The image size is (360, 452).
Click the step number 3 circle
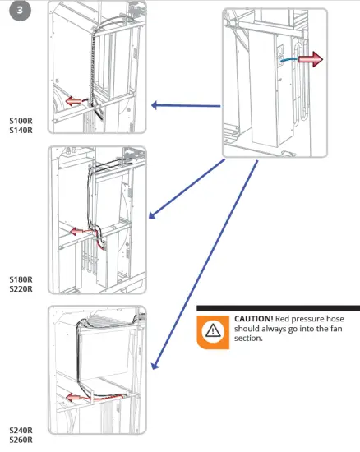click(x=20, y=11)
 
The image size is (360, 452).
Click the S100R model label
click(x=21, y=121)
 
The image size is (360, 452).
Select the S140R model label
click(x=21, y=131)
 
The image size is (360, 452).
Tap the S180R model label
click(x=21, y=279)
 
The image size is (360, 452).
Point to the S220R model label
click(x=21, y=288)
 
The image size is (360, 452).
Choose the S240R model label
click(x=21, y=431)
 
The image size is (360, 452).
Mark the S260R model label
click(x=21, y=440)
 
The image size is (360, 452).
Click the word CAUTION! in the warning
click(x=253, y=319)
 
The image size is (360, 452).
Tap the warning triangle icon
click(x=213, y=330)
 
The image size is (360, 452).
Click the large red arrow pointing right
click(x=311, y=59)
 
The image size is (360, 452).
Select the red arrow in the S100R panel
click(x=73, y=101)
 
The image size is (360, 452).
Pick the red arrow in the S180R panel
click(x=76, y=231)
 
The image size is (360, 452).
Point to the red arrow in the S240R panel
click(x=73, y=398)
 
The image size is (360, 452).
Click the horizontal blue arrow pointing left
click(x=186, y=105)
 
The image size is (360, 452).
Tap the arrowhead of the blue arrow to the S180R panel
click(x=152, y=215)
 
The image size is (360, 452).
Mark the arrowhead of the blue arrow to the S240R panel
click(x=155, y=365)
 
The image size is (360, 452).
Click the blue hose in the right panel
click(x=288, y=59)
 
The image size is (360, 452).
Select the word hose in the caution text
click(x=334, y=319)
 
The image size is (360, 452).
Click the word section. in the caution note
click(x=248, y=338)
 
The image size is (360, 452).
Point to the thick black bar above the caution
click(x=278, y=308)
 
